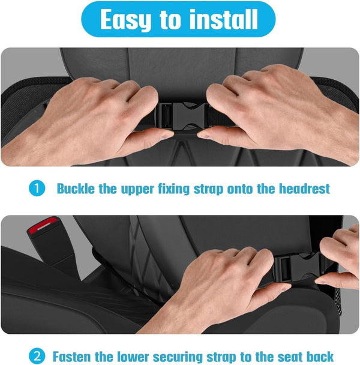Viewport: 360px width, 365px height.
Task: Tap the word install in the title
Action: point(224,19)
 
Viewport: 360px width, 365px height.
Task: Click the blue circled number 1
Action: point(37,189)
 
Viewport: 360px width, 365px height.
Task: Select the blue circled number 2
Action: point(37,357)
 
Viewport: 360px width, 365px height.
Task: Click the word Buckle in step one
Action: point(76,189)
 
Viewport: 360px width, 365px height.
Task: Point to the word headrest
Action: point(304,189)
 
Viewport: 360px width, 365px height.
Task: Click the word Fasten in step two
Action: point(72,357)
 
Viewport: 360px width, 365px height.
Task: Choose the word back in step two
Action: point(320,357)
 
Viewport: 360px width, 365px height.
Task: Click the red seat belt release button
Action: point(43,225)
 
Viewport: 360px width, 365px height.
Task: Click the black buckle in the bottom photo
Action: point(297,267)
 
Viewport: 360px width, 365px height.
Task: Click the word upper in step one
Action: point(137,190)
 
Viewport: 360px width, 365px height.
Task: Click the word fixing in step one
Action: point(174,189)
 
